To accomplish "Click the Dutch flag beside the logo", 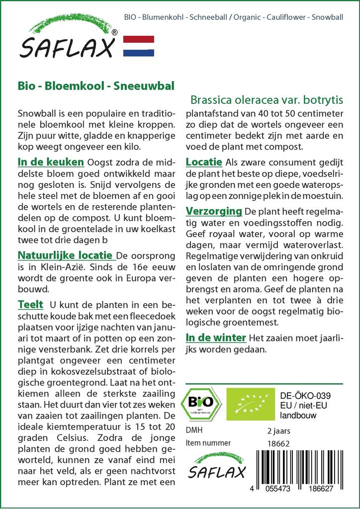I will tap(139, 46).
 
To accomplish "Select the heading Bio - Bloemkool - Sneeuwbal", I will tap(95, 85).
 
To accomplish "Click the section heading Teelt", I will tap(30, 304).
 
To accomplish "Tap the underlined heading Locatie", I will tap(204, 162).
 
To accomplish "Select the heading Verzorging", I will tap(214, 211).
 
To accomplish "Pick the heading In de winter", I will tap(216, 338).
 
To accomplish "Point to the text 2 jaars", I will tap(279, 430).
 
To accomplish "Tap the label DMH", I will tap(194, 430).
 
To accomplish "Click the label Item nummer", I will tap(208, 443).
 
